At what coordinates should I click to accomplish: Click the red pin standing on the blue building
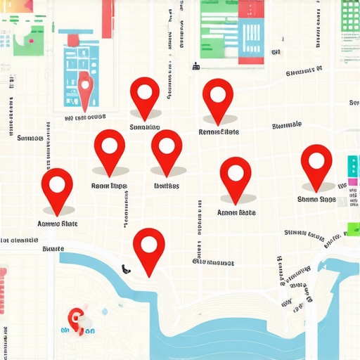pos(85,87)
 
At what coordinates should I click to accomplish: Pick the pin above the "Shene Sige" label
pos(316,162)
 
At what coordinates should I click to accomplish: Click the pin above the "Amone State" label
pos(236,175)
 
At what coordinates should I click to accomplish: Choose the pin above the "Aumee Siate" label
pos(57,186)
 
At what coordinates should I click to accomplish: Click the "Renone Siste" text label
pos(219,131)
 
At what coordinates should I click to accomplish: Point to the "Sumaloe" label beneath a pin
pos(145,127)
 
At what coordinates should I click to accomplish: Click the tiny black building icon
pos(196,67)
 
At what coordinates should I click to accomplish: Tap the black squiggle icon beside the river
pos(125,268)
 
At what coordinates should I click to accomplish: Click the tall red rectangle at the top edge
pos(108,18)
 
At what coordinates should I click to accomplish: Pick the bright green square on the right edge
pos(353,229)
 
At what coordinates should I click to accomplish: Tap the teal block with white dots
pos(352,166)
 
